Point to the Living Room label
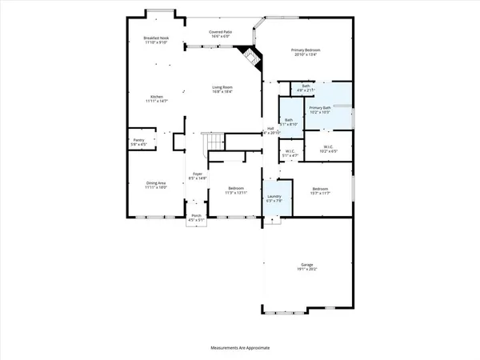(222, 90)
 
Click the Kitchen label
(155, 99)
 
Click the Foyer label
(198, 177)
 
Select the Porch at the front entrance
(196, 218)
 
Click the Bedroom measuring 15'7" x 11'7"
(320, 189)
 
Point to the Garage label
(306, 266)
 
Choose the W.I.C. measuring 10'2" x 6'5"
(328, 148)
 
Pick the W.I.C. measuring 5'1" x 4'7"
(291, 153)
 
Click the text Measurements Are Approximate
(240, 349)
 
